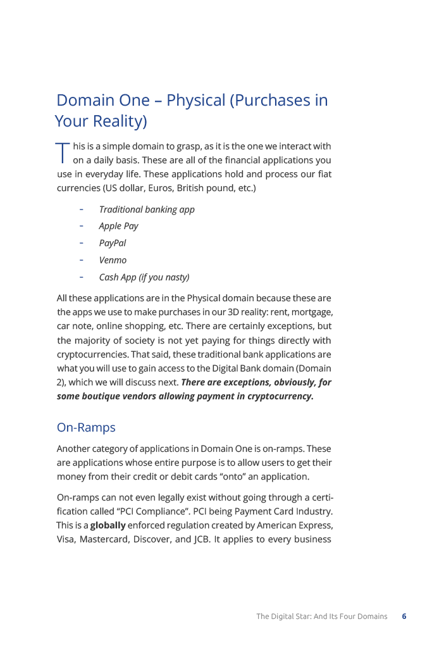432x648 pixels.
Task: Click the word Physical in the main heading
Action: coord(196,101)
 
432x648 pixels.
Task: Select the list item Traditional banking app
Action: coord(147,209)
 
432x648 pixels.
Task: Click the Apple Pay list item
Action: coord(118,226)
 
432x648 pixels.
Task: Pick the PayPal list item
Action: coord(113,243)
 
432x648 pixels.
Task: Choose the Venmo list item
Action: coord(113,260)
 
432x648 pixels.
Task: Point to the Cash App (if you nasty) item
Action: coord(144,277)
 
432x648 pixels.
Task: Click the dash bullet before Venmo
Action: coord(82,259)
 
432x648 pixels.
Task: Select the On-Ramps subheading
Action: coord(86,428)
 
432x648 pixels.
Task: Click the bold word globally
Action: coord(108,525)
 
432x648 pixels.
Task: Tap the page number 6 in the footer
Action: coord(404,616)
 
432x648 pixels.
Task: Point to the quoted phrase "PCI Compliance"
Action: coord(147,511)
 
